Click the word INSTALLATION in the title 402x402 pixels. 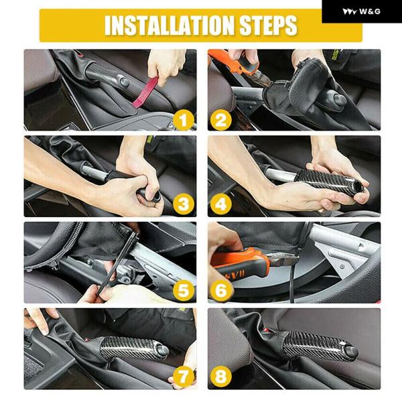(x=170, y=25)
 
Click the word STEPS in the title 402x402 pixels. (x=268, y=25)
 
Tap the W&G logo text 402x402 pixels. (x=369, y=11)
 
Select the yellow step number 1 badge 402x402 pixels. (x=183, y=120)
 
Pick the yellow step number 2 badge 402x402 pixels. (x=220, y=120)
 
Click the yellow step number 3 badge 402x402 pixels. (x=183, y=204)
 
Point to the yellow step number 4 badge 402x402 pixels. (x=220, y=204)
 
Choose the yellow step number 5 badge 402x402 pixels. (x=183, y=291)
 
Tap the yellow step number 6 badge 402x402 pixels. (x=220, y=291)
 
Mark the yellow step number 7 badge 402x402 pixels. (x=183, y=377)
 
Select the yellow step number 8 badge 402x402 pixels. (x=220, y=377)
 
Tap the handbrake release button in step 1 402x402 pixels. (x=124, y=82)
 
